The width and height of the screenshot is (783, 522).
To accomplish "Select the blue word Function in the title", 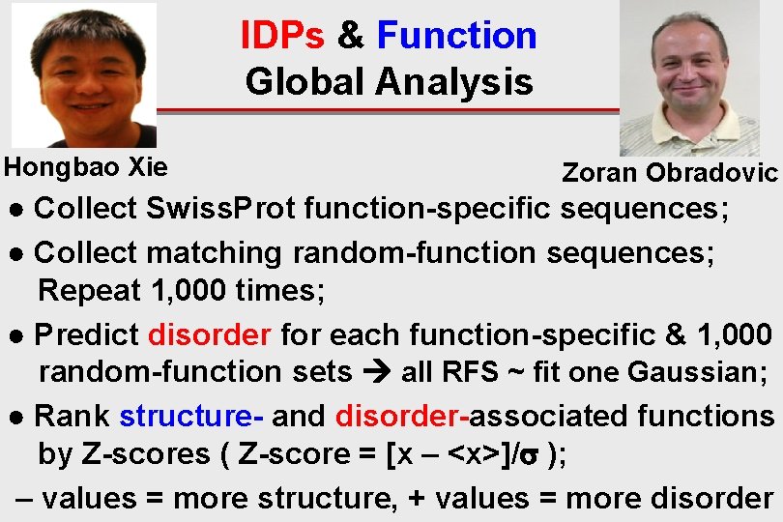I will (x=456, y=36).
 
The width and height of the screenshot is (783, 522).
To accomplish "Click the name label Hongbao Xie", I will (x=86, y=166).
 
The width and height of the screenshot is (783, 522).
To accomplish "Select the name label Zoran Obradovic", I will (x=670, y=173).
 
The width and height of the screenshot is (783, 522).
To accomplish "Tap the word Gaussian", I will (x=697, y=372).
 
